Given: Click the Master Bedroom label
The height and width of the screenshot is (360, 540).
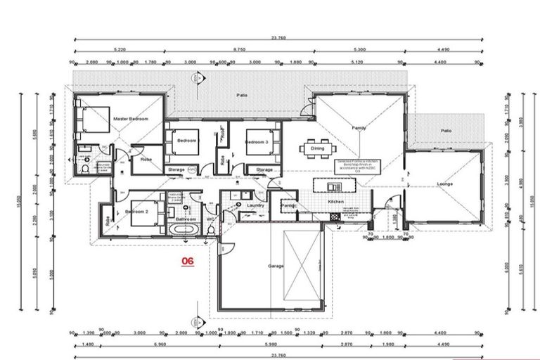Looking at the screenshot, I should click(131, 120).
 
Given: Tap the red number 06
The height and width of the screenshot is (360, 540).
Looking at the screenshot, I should click(188, 260).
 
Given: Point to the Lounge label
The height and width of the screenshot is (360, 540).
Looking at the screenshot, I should click(444, 184).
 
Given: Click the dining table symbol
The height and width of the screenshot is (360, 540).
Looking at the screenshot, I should click(312, 148).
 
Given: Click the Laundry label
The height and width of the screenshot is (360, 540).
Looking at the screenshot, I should click(255, 205).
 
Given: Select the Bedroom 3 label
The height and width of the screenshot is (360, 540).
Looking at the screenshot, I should click(255, 142).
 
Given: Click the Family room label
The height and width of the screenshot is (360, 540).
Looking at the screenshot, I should click(359, 127).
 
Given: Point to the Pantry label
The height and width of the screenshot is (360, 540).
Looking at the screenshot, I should click(288, 205).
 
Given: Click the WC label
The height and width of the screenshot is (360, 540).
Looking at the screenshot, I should click(210, 219).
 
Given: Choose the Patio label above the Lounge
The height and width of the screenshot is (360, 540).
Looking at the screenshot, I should click(445, 130).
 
